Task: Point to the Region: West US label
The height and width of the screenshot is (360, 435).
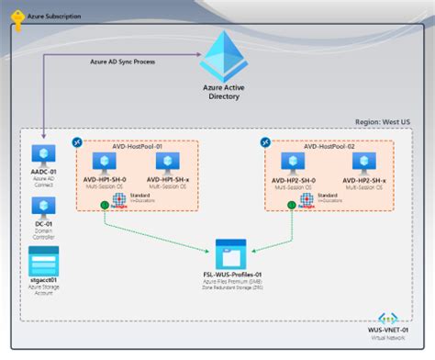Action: (386, 121)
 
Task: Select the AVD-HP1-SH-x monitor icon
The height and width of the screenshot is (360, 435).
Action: (167, 163)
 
